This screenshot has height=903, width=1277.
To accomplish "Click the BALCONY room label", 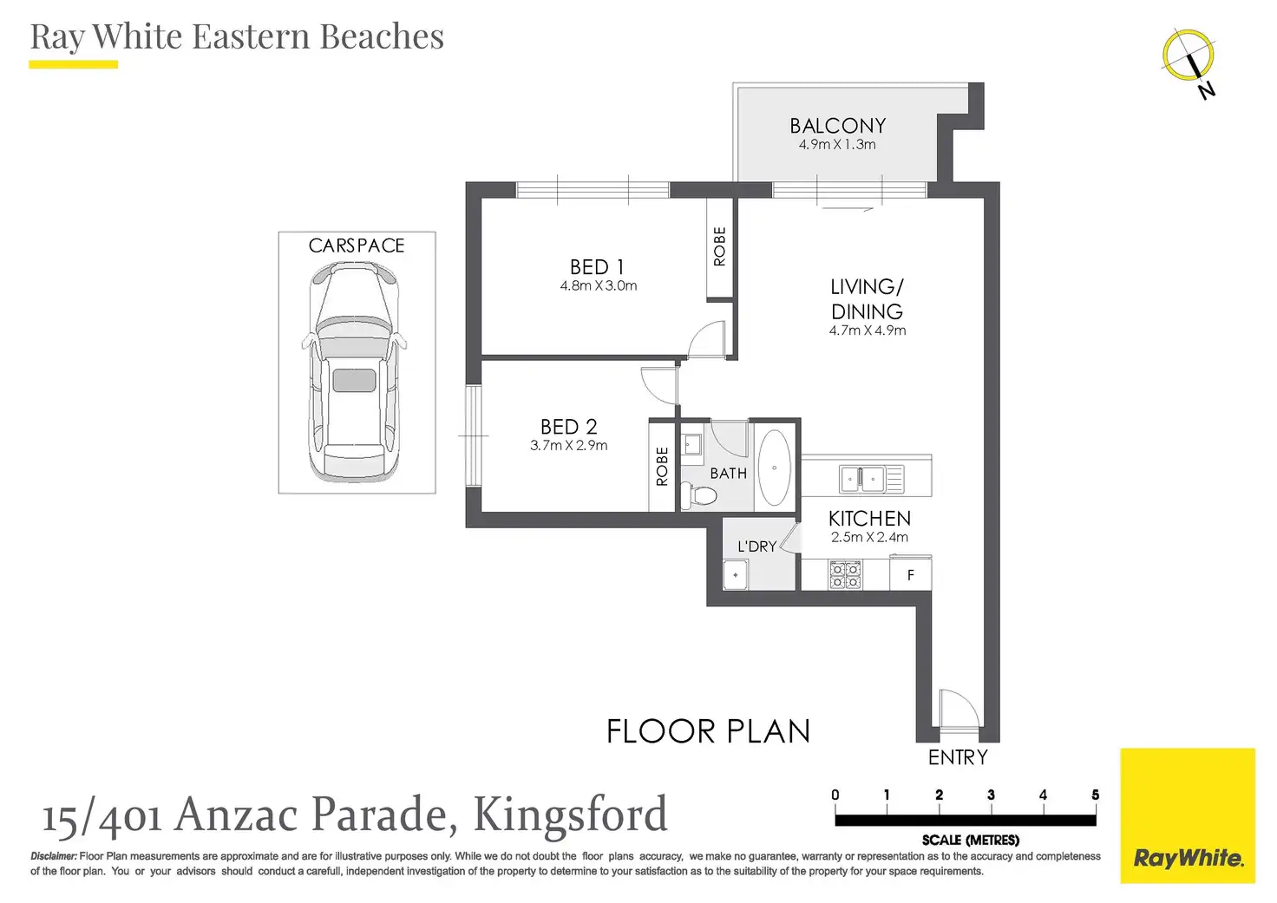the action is [x=837, y=126].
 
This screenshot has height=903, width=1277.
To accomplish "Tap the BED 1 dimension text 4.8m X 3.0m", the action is [x=598, y=285].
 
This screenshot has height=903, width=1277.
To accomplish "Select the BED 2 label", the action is [x=568, y=427].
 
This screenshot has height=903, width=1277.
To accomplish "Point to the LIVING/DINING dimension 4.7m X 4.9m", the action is [x=868, y=330].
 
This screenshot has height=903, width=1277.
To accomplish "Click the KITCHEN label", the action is [x=869, y=518].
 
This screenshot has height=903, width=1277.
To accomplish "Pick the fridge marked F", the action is [x=910, y=574].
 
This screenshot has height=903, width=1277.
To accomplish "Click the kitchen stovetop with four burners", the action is [x=845, y=574].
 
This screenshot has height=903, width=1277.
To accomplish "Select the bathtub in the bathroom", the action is [x=774, y=468].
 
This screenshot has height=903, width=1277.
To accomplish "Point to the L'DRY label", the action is [x=757, y=546].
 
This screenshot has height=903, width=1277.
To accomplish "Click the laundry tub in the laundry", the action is [x=736, y=574].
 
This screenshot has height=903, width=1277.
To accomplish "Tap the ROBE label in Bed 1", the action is [x=719, y=246].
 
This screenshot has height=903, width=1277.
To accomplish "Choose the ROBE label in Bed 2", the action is [x=662, y=467].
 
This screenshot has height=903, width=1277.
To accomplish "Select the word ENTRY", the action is [x=958, y=757].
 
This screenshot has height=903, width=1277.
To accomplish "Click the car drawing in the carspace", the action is [x=354, y=372].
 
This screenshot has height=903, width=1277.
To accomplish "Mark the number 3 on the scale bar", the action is [x=991, y=795].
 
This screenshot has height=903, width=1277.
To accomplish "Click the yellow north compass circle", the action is [x=1189, y=55].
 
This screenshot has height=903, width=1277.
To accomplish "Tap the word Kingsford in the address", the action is [x=570, y=814].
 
